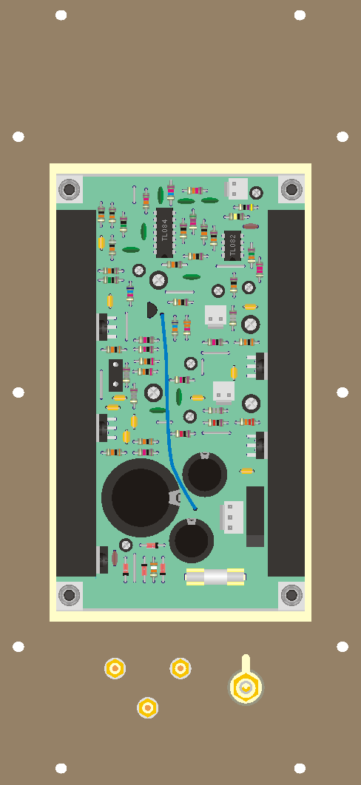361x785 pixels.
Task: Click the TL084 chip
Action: click(165, 233)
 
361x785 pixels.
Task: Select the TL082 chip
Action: click(232, 246)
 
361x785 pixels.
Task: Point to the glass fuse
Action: click(215, 577)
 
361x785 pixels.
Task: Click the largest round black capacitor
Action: click(140, 497)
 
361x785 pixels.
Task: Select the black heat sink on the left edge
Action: click(76, 393)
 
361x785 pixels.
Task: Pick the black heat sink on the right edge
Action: click(286, 393)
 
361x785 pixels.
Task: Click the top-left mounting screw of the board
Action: click(69, 189)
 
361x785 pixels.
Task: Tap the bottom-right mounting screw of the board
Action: click(291, 595)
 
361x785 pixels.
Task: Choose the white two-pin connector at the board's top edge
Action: click(237, 188)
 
